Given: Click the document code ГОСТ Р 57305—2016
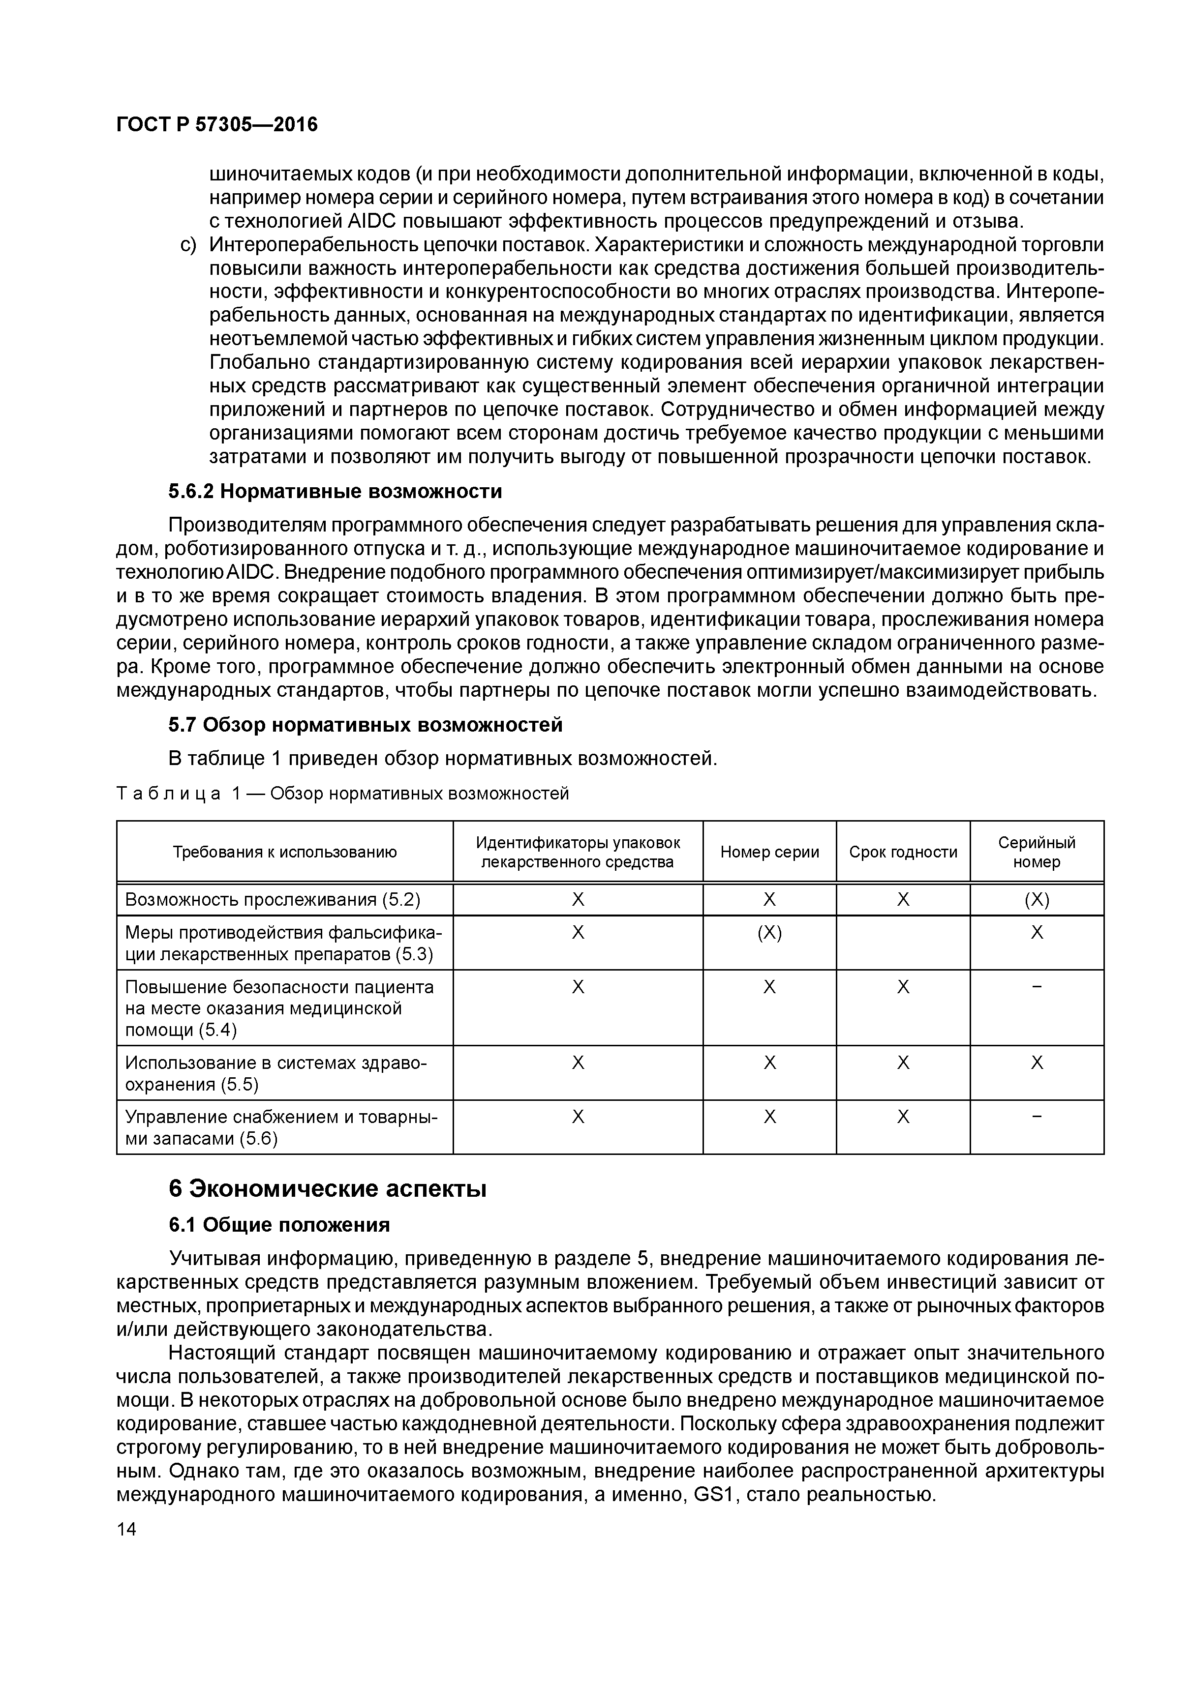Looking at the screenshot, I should click(x=217, y=125).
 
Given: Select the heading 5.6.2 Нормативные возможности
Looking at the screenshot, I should click(x=336, y=491).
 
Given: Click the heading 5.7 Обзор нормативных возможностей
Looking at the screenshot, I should click(x=366, y=725).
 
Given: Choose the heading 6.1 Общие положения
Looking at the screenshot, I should click(x=279, y=1225).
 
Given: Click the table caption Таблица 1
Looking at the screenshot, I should click(x=342, y=794).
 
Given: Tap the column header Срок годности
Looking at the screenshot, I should click(x=903, y=852).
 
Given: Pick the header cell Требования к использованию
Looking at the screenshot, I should click(x=285, y=852).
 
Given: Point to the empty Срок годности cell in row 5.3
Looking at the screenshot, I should click(x=903, y=943).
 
